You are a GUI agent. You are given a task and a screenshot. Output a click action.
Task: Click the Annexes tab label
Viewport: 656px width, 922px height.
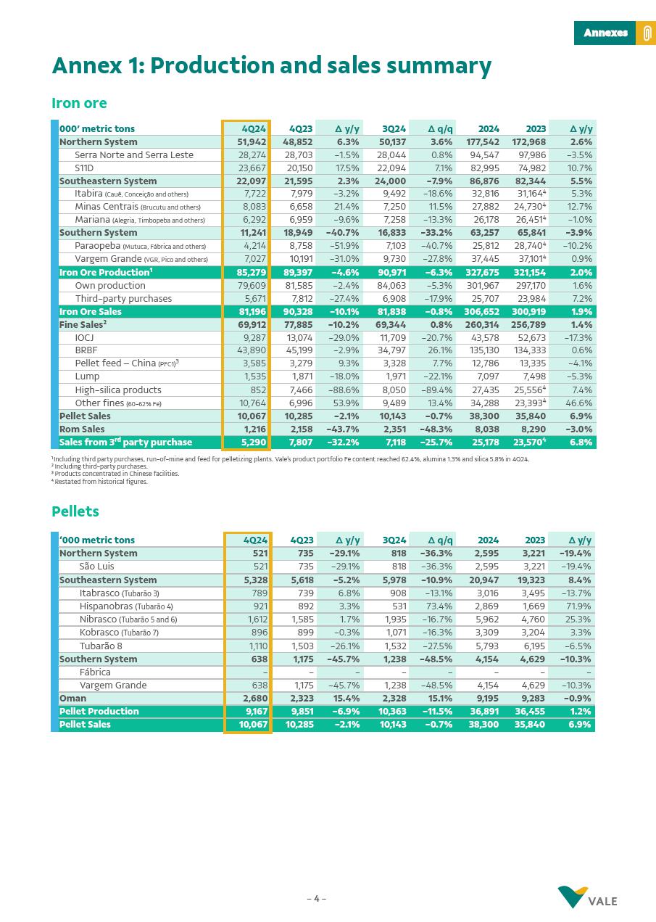tap(605, 33)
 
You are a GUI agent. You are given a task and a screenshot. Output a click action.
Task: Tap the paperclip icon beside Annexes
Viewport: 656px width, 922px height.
tap(646, 33)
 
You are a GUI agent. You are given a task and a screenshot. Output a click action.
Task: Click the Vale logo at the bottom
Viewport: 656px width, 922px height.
tap(588, 897)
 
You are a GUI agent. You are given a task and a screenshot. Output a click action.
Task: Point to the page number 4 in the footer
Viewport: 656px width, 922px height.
tap(316, 899)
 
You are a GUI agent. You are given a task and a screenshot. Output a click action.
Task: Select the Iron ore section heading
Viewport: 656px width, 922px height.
tap(79, 103)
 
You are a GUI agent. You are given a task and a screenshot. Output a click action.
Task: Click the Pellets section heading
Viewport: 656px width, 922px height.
tap(75, 511)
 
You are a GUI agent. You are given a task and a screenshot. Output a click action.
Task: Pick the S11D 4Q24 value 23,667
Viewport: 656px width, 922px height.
tap(252, 168)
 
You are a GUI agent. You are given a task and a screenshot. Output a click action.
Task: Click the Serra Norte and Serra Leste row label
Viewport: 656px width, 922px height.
tap(134, 155)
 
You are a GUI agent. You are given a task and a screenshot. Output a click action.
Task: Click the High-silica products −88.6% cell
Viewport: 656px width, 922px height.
tap(342, 390)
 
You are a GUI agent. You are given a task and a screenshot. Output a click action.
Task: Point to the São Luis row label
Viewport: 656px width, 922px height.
tap(96, 567)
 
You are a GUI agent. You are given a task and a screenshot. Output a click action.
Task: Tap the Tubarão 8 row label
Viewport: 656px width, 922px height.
tap(101, 646)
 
